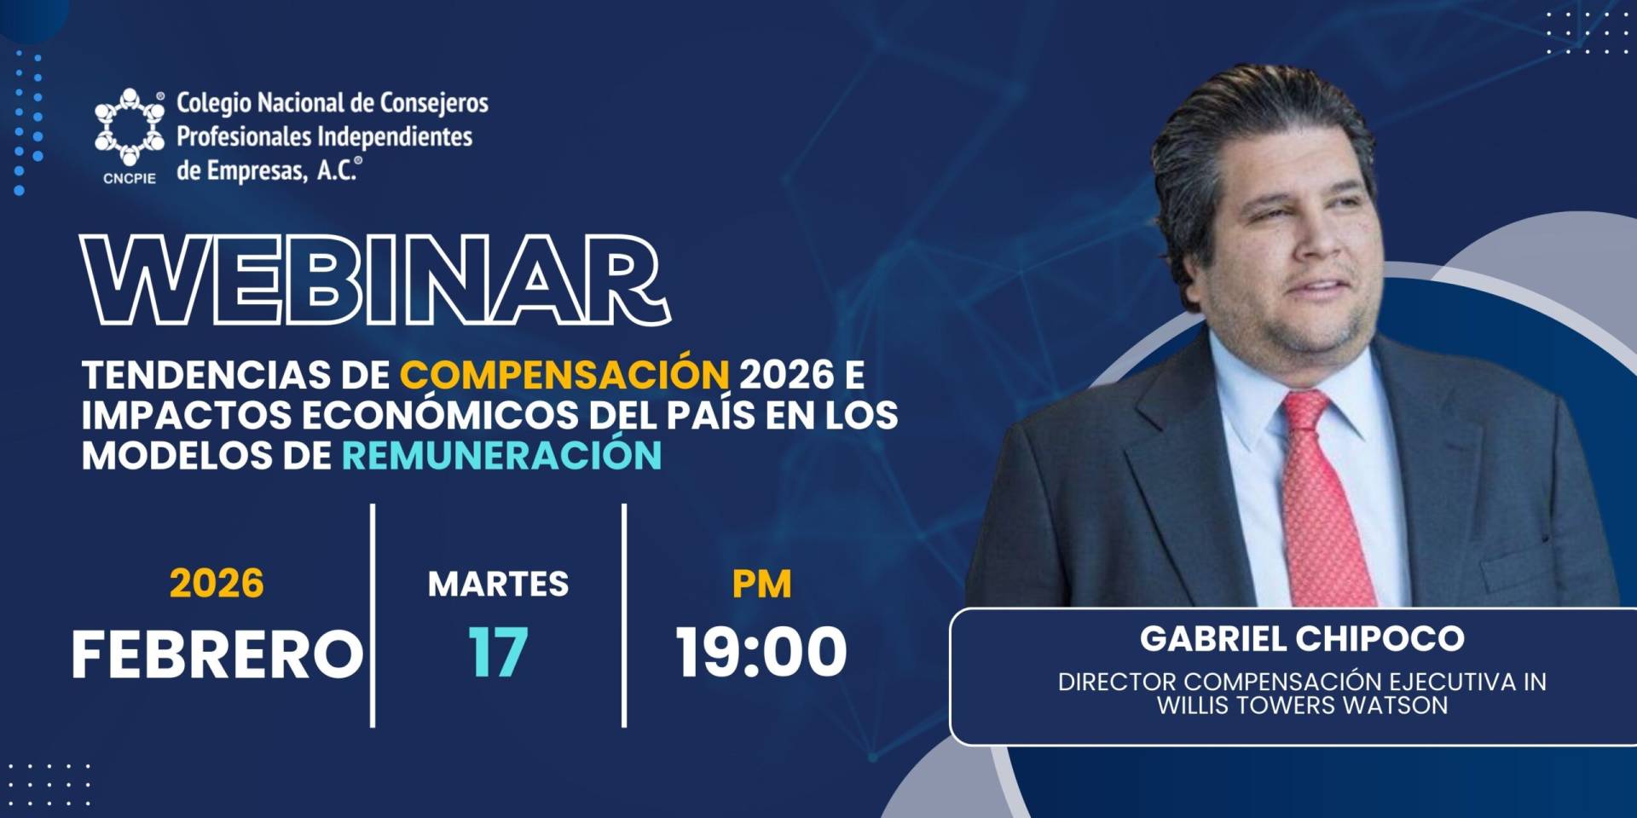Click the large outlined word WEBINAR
[375, 279]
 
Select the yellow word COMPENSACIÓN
[564, 374]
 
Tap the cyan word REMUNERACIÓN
[501, 455]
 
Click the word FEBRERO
[217, 654]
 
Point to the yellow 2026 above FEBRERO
[217, 584]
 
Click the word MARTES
[498, 585]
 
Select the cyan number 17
[498, 653]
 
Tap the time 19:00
[761, 653]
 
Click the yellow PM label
[761, 585]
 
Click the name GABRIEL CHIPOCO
[1302, 638]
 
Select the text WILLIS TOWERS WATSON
[1302, 706]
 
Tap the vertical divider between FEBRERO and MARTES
[373, 615]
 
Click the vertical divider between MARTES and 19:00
[624, 615]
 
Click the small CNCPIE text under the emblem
[130, 179]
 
